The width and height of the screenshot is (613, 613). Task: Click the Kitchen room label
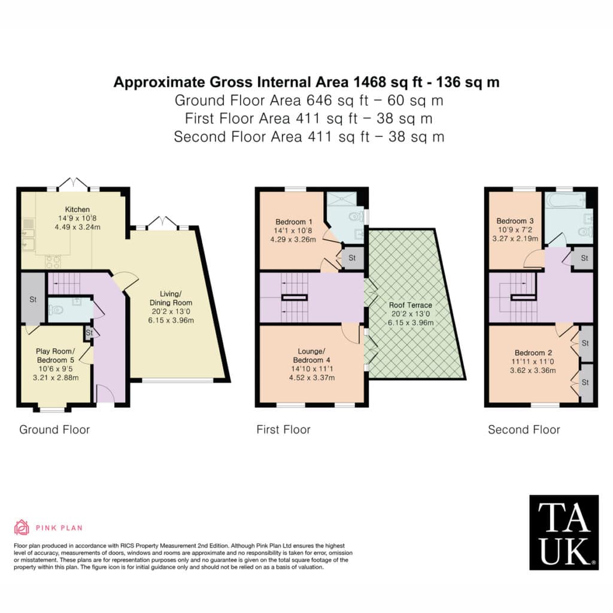pyautogui.click(x=77, y=210)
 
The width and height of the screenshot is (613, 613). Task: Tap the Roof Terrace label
pyautogui.click(x=411, y=305)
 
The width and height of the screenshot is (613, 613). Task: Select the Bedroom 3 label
pyautogui.click(x=515, y=221)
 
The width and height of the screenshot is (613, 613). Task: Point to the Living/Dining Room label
pyautogui.click(x=171, y=298)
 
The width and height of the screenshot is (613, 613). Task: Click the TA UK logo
pyautogui.click(x=564, y=532)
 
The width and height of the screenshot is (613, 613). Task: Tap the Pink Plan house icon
pyautogui.click(x=22, y=527)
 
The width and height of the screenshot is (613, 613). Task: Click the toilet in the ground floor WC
pyautogui.click(x=56, y=310)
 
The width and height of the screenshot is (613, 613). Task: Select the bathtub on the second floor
pyautogui.click(x=566, y=200)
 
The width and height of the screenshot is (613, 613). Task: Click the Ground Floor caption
pyautogui.click(x=54, y=430)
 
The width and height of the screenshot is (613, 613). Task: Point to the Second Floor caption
pyautogui.click(x=524, y=430)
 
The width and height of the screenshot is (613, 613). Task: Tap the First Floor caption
pyautogui.click(x=283, y=430)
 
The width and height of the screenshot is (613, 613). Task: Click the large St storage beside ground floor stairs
pyautogui.click(x=33, y=299)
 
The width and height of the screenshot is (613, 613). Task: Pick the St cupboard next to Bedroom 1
pyautogui.click(x=352, y=257)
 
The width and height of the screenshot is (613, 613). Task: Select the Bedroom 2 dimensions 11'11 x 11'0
pyautogui.click(x=532, y=362)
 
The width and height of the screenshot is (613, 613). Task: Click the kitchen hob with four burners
pyautogui.click(x=53, y=261)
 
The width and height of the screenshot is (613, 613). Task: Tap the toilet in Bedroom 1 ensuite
pyautogui.click(x=356, y=216)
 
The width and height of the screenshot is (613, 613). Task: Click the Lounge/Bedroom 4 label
pyautogui.click(x=311, y=356)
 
